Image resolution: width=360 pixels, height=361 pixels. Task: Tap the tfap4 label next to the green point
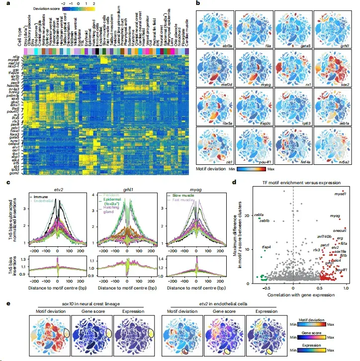coord(267,247)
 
